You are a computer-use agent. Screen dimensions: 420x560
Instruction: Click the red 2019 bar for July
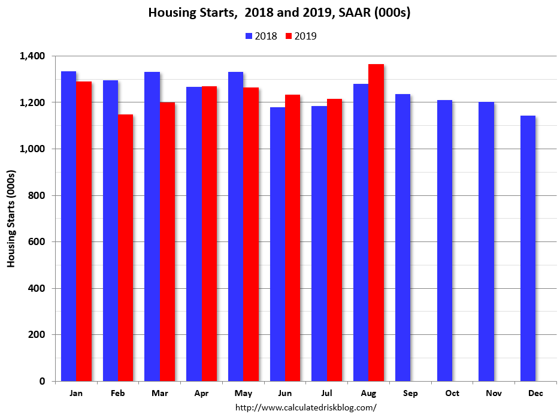pyautogui.click(x=334, y=240)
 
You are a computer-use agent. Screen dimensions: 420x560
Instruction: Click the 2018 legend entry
pyautogui.click(x=261, y=36)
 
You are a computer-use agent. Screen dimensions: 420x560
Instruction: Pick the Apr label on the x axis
pyautogui.click(x=201, y=393)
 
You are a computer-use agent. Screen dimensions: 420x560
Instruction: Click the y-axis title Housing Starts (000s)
pyautogui.click(x=11, y=219)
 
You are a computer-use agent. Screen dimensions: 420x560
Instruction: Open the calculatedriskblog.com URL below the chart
pyautogui.click(x=305, y=408)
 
